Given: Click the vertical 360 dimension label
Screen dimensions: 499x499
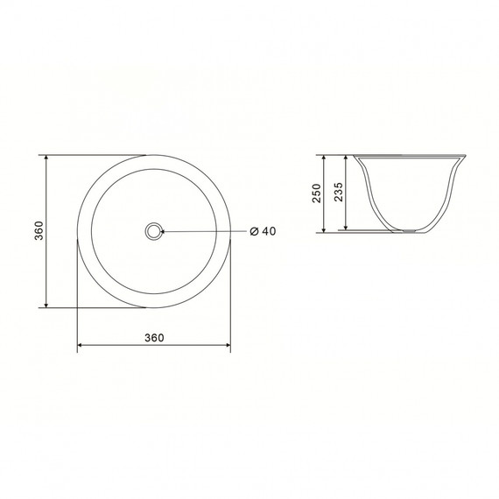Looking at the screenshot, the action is pos(39,230).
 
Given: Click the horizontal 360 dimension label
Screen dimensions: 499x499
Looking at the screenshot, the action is pos(154,338).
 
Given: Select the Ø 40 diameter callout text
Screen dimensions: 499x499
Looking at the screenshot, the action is pos(264,231).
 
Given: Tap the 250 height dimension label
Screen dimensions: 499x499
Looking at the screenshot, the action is pos(317,193).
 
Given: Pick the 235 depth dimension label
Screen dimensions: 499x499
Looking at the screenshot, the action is pos(339,192).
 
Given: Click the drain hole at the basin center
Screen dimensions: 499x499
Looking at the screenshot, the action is pos(154,231).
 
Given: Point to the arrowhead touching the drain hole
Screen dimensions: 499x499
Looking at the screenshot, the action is pos(163,231).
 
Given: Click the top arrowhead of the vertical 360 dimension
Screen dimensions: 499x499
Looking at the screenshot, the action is pos(46,158).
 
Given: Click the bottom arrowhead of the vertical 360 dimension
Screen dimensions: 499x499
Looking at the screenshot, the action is pos(46,306).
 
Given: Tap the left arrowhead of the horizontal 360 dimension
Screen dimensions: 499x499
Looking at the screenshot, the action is pos(81,345).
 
